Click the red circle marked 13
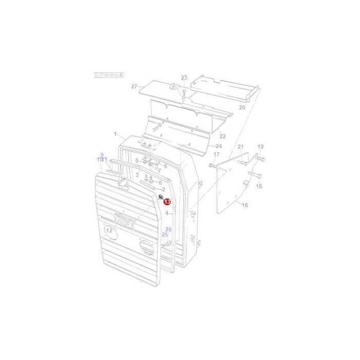tap(167, 202)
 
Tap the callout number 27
tap(134, 86)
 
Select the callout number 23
tap(184, 78)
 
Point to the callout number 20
tap(242, 107)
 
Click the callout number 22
tap(222, 136)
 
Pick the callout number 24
tap(218, 146)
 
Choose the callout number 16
tap(244, 205)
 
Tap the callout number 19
tap(260, 147)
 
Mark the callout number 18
tap(259, 186)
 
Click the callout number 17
tap(216, 154)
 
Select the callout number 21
tap(240, 147)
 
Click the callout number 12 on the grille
tap(109, 230)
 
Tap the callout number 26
tap(168, 229)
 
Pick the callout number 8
tap(137, 160)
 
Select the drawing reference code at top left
tap(108, 75)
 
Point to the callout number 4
tap(167, 212)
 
